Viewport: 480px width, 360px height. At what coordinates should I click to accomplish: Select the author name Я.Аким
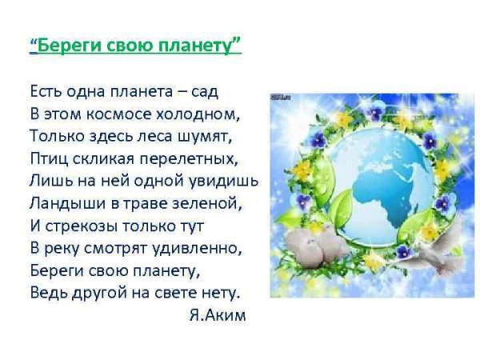pos(218,315)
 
